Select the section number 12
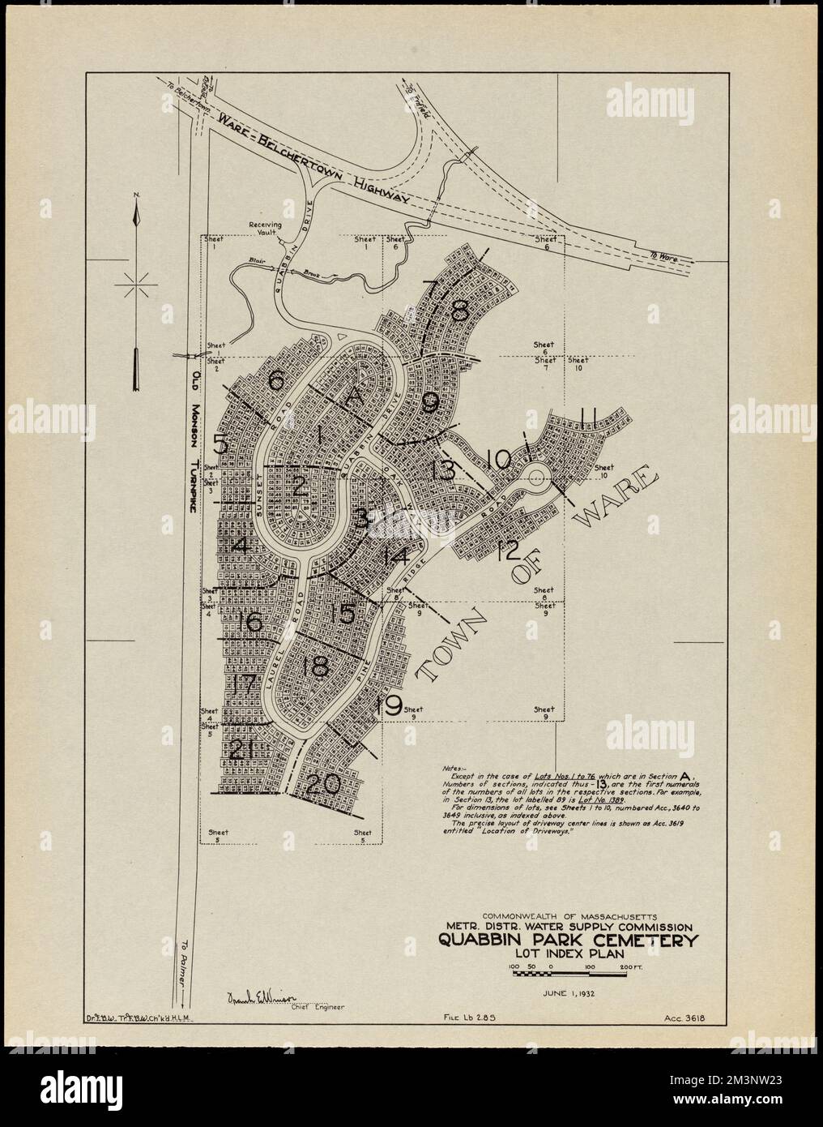pyautogui.click(x=508, y=550)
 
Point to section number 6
pyautogui.click(x=275, y=381)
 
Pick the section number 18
pyautogui.click(x=313, y=667)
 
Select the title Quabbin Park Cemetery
pyautogui.click(x=568, y=941)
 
